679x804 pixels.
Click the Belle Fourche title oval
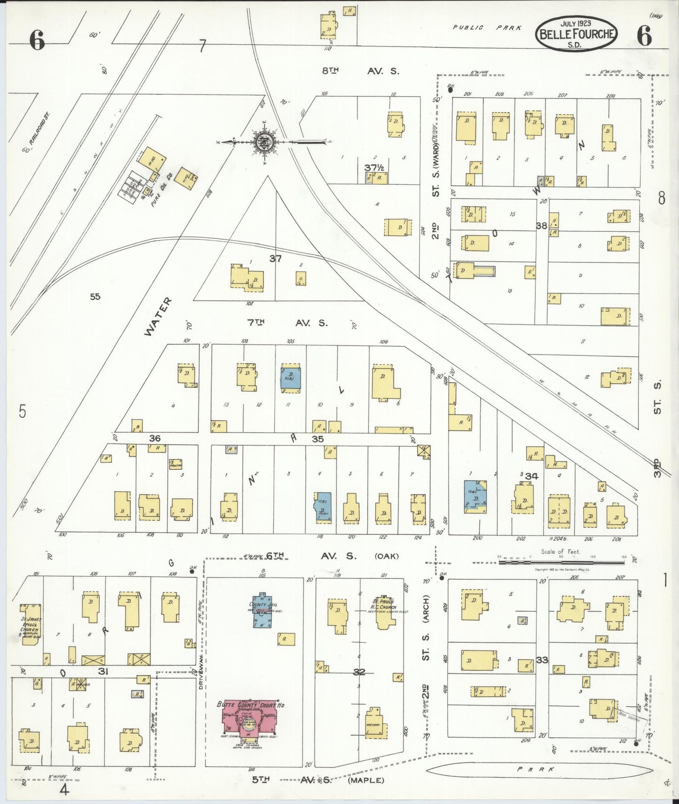[x=576, y=33]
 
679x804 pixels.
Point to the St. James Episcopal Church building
[x=31, y=625]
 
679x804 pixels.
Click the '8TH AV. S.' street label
[x=360, y=71]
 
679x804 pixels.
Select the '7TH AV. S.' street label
[x=287, y=323]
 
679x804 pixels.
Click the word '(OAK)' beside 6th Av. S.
[x=386, y=556]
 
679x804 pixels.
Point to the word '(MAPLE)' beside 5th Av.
[x=366, y=781]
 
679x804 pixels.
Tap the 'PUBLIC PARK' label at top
[x=487, y=28]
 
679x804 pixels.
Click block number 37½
[x=375, y=167]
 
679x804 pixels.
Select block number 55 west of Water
[x=95, y=297]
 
